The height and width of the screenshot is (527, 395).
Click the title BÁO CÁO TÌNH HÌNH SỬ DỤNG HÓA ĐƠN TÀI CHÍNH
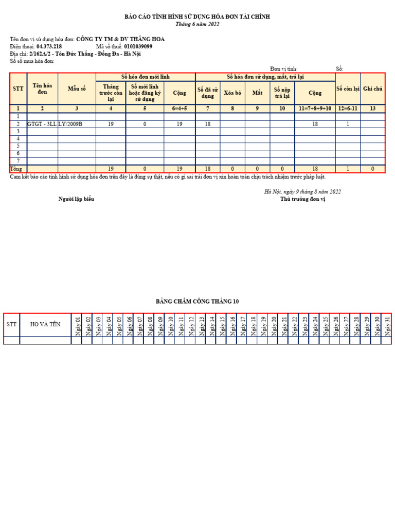click(197, 17)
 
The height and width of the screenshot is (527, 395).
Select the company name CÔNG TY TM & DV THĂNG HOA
click(120, 39)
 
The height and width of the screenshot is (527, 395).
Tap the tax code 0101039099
click(138, 46)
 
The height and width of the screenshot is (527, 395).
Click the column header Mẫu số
click(77, 89)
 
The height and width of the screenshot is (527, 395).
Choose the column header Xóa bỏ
click(232, 93)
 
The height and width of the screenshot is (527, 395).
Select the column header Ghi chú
click(373, 89)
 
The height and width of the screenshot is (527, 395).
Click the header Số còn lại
click(348, 89)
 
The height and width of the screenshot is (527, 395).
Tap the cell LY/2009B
click(70, 124)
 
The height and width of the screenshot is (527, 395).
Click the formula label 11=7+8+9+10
click(315, 109)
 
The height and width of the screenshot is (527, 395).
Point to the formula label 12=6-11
click(348, 109)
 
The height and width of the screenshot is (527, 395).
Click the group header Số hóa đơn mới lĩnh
click(145, 76)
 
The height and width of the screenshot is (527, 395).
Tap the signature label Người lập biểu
click(76, 199)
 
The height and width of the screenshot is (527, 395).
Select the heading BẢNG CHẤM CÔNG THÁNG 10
click(197, 302)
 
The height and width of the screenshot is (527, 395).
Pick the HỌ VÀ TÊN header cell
click(45, 324)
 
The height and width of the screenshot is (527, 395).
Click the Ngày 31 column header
click(387, 325)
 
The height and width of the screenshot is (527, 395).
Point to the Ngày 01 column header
click(77, 325)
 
